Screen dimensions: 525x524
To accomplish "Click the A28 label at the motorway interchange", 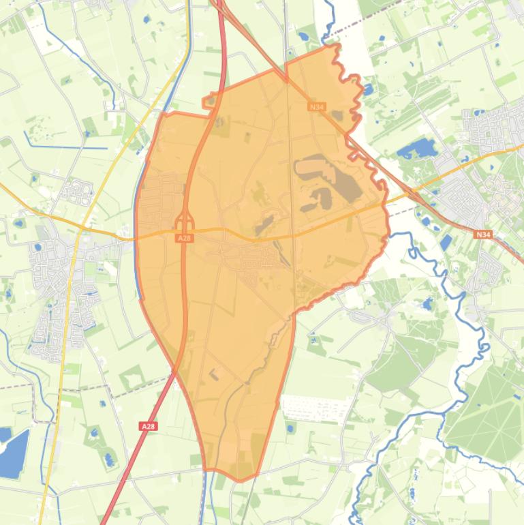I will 184,238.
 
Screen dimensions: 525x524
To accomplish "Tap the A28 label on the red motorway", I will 149,425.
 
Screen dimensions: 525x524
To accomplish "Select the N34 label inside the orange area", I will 316,107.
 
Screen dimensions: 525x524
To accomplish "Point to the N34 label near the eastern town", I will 483,235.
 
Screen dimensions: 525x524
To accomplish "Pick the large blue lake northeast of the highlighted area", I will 416,148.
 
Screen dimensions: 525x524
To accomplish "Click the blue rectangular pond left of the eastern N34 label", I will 446,242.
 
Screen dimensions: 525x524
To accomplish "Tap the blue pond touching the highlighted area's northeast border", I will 367,89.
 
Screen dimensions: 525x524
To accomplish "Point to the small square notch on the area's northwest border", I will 210,102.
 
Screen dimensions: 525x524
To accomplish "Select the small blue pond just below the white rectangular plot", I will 291,428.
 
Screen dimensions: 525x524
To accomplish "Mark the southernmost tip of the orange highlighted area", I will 238,480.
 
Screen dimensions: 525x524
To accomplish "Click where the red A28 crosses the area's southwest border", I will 176,372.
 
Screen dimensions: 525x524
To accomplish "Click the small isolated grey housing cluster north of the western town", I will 76,191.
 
